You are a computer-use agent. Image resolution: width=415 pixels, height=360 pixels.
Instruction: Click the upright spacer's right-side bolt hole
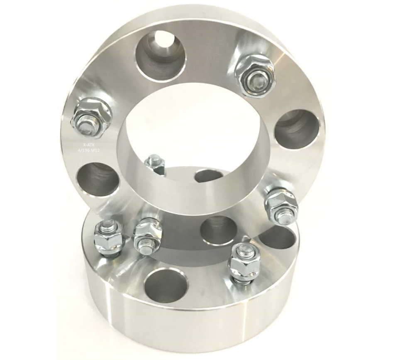coord(298,129)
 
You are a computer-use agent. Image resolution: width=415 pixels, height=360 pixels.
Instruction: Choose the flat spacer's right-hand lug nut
coord(246,261)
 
